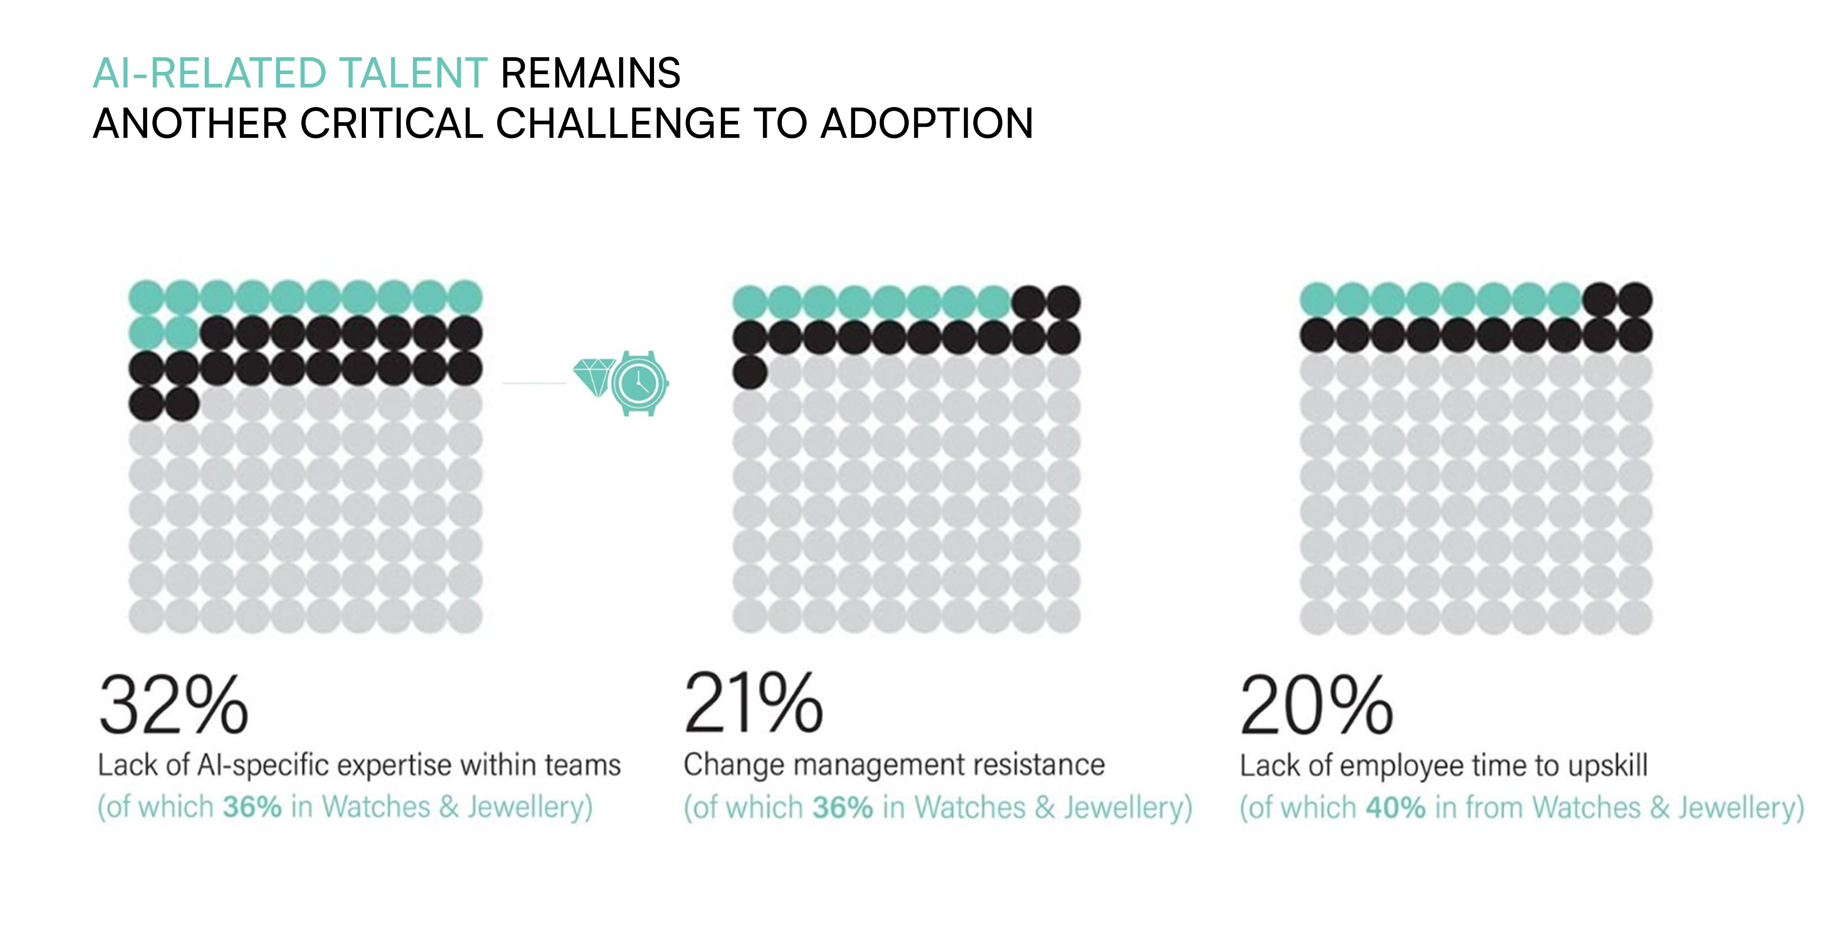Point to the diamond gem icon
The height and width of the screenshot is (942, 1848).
tap(594, 376)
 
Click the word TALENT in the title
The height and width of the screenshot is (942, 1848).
tap(413, 73)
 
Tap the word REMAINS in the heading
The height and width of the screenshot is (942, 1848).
tap(590, 73)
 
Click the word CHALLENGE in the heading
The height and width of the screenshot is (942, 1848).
tap(618, 123)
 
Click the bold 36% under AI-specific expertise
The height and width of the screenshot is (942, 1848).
tap(252, 807)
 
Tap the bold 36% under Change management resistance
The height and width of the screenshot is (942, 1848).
tap(842, 807)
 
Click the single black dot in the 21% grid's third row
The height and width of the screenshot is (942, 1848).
tap(750, 373)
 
